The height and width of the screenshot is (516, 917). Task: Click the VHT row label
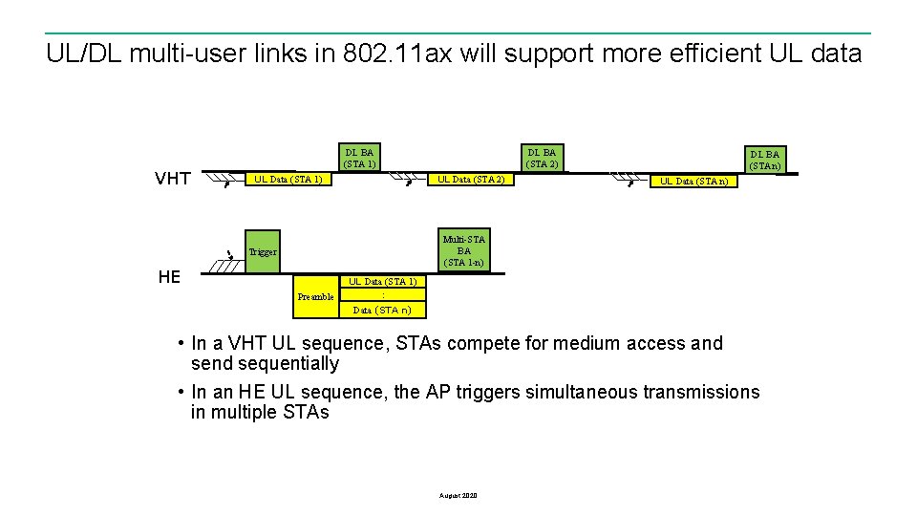(172, 179)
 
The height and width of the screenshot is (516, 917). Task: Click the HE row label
(169, 276)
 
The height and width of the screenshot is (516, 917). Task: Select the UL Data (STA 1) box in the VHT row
(287, 180)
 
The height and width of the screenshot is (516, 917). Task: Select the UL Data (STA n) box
(693, 181)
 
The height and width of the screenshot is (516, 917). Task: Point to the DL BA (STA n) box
(764, 160)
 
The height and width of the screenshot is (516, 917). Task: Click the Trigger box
(263, 252)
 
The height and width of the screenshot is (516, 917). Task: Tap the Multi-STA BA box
(464, 250)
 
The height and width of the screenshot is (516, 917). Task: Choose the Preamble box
(315, 296)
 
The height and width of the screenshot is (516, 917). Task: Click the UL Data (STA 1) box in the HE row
(382, 282)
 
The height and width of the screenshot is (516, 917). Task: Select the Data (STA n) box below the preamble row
(382, 310)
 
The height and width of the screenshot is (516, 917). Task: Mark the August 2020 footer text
(458, 495)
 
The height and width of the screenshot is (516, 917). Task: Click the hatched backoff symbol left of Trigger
(229, 267)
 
